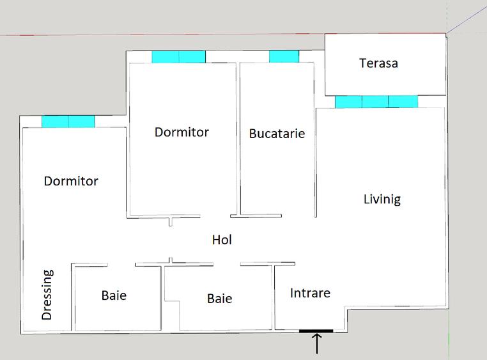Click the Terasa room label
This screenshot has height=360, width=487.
[x=378, y=63]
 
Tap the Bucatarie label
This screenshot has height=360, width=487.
[x=277, y=134]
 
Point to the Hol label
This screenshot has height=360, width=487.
[x=222, y=240]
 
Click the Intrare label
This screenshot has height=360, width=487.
[x=310, y=293]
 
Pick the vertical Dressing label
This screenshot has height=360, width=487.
[x=47, y=295]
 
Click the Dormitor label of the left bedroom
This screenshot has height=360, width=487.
[x=71, y=181]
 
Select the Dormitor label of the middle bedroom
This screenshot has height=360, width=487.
[x=182, y=132]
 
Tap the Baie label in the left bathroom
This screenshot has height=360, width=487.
[x=114, y=295]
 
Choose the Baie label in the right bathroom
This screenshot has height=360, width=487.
[x=219, y=298]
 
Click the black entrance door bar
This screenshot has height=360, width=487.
[x=316, y=331]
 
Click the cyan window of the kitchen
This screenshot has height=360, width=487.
[x=284, y=57]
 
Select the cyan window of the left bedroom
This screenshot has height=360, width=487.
[x=68, y=121]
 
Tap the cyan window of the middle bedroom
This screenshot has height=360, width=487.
[x=178, y=57]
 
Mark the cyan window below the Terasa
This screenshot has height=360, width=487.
[x=376, y=102]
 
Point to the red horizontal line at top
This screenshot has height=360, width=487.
[x=192, y=35]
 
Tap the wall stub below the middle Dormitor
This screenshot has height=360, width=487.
[x=171, y=222]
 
